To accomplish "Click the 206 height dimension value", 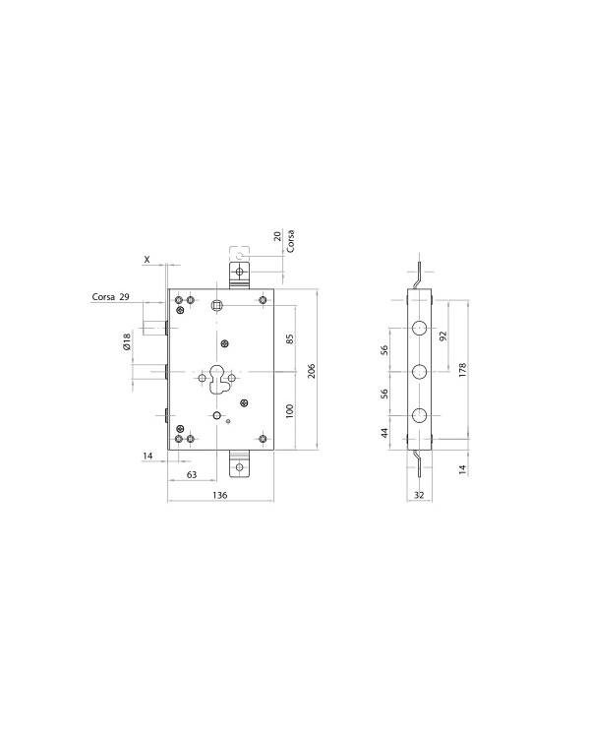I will (312, 371).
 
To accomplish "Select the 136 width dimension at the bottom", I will (219, 495).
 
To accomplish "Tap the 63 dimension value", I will (192, 475).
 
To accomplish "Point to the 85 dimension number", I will (290, 339).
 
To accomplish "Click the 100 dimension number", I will (290, 410).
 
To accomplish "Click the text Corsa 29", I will (110, 296).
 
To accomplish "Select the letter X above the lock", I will (147, 260).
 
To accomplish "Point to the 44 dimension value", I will (385, 431).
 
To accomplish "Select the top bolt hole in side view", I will (419, 328).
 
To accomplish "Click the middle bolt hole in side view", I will (419, 372).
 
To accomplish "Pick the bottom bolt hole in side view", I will (419, 415).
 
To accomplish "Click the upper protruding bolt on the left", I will (154, 329).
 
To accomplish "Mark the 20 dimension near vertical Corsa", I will (278, 236).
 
